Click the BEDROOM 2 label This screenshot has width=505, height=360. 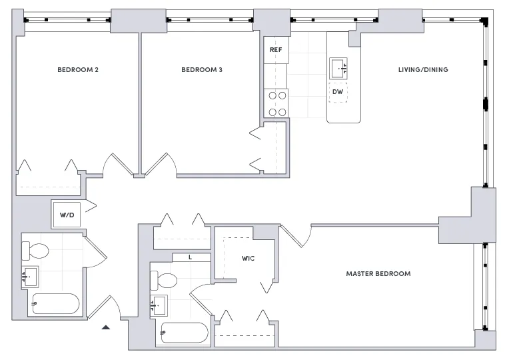[78, 70]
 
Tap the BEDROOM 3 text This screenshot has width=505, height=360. [201, 70]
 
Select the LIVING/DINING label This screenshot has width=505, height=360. [422, 70]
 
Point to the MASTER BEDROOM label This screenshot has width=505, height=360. [378, 274]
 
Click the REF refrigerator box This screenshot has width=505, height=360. [276, 51]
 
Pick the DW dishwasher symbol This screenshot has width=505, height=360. [338, 92]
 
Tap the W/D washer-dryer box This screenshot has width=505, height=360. [67, 215]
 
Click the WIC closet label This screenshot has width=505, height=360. [249, 258]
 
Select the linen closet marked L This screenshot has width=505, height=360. [191, 257]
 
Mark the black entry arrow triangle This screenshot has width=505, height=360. [105, 327]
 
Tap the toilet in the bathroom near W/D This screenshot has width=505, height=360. [36, 251]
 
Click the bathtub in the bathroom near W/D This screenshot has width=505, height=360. [55, 304]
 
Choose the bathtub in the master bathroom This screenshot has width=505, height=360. [185, 332]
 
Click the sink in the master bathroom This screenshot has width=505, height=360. [159, 305]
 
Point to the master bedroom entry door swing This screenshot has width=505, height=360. [298, 235]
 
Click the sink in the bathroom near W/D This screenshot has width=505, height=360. [31, 277]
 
